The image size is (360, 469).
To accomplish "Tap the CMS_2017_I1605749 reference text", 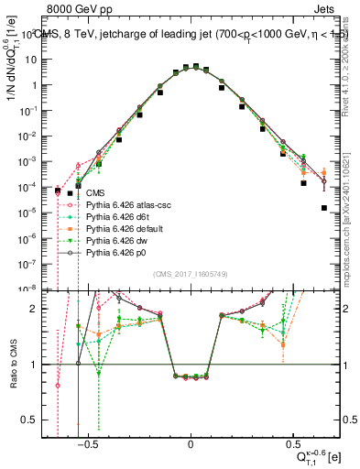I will pyautogui.click(x=191, y=275).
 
